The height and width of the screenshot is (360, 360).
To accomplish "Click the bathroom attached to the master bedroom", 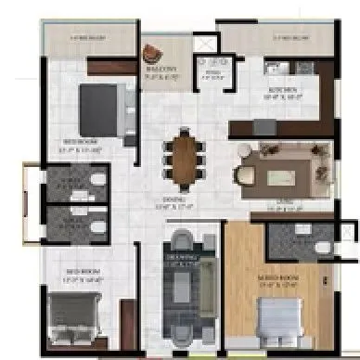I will click(297, 243).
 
